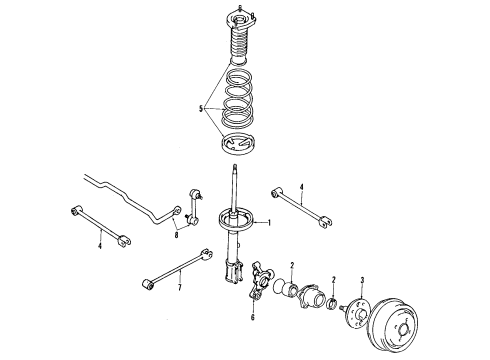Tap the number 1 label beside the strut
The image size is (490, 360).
[268, 223]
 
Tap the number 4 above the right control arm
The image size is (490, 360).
[301, 183]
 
